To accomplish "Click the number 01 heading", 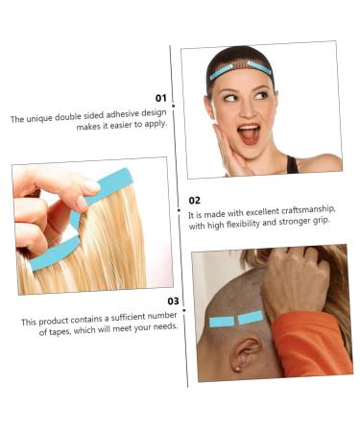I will pos(160,98).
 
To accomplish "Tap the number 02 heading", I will pos(195,201).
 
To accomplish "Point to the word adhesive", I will pos(117,113).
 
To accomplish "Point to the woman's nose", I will pos(247,110).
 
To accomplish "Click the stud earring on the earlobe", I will pos(238,368).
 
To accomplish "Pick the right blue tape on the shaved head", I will pos(251,317).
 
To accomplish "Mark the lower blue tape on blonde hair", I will pos(55,254).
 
